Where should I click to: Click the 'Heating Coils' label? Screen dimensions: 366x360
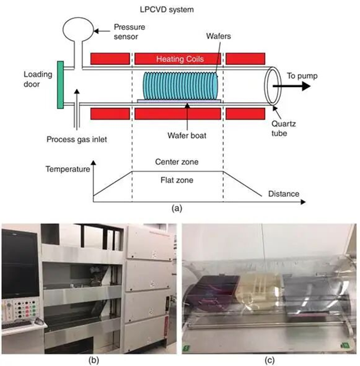tap(178, 59)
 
